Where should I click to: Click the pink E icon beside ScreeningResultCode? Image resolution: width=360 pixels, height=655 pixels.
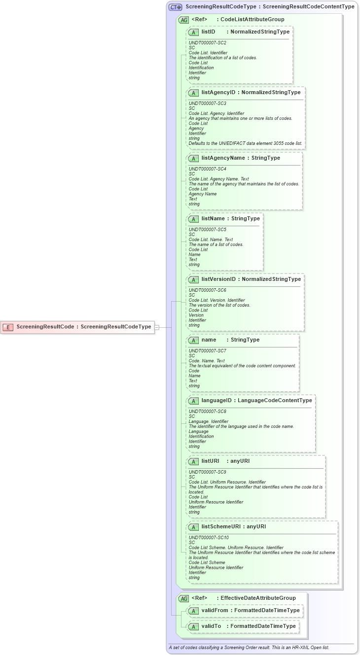click(8, 327)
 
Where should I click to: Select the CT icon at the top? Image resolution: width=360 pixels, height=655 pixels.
click(175, 7)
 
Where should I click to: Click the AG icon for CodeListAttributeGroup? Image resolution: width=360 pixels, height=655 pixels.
click(183, 20)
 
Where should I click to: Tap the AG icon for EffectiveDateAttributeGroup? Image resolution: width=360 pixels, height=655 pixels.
click(183, 598)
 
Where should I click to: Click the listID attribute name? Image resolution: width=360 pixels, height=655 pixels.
click(208, 32)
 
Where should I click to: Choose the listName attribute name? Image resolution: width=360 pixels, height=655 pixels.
click(213, 218)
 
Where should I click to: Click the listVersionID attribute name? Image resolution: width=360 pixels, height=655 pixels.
click(218, 279)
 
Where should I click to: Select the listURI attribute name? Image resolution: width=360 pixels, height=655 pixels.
click(210, 461)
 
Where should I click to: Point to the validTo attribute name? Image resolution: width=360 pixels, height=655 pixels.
click(211, 626)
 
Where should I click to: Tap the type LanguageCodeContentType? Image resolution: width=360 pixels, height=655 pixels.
click(275, 400)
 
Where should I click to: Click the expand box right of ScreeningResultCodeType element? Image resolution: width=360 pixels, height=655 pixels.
click(157, 327)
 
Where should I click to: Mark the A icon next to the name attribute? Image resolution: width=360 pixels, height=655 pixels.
click(193, 340)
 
